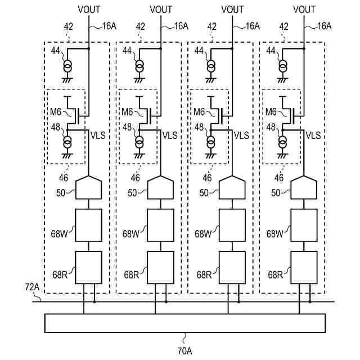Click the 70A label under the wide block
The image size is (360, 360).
tap(185, 351)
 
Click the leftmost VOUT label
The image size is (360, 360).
tap(89, 9)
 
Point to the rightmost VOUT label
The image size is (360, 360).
tap(304, 9)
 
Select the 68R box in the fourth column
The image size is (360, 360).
tap(304, 267)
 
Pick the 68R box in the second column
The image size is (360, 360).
tap(160, 267)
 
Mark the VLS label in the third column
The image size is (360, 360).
tap(241, 135)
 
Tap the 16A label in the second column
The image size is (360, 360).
tap(181, 26)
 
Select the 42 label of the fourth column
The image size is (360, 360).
tap(283, 26)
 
